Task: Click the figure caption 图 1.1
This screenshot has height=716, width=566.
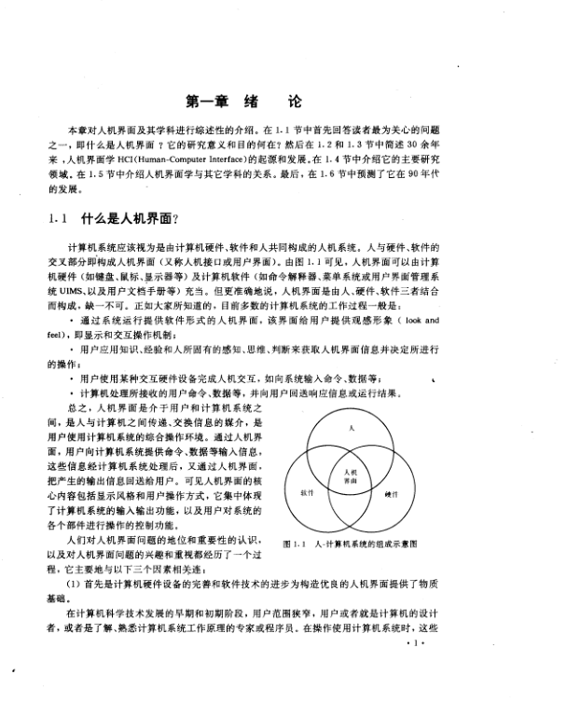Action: click(295, 543)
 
